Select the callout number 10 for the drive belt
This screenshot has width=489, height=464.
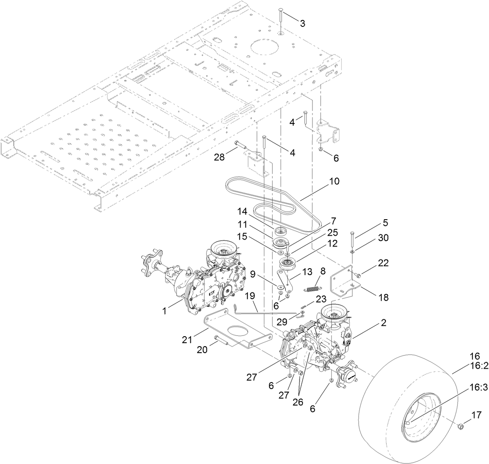tap(334, 181)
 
